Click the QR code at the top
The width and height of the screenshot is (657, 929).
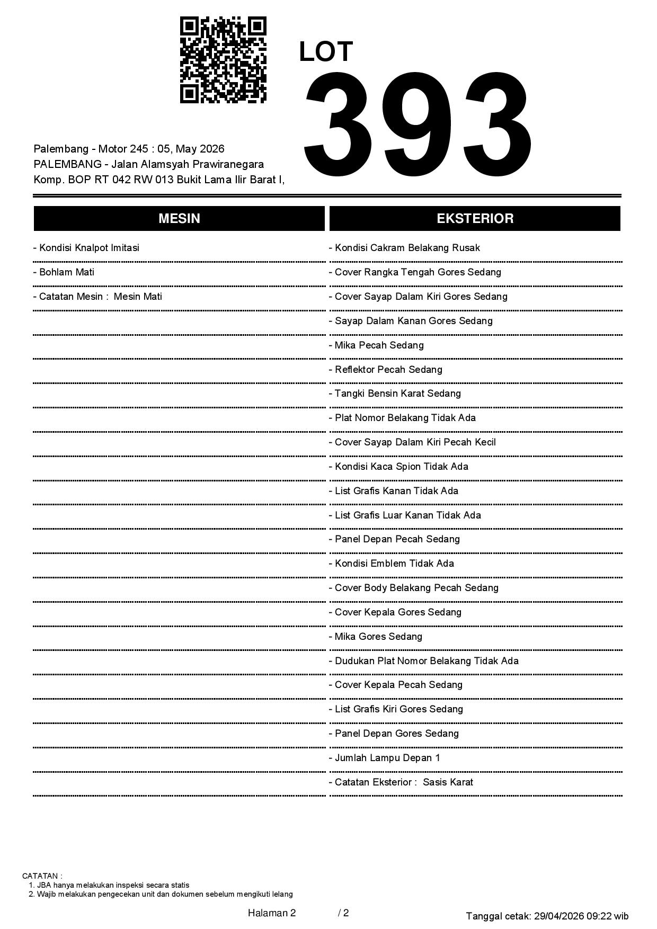(x=223, y=60)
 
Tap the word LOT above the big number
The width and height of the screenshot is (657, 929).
(x=326, y=52)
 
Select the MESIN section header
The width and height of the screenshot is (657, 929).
(x=179, y=218)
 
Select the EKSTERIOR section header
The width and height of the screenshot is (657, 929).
(x=475, y=218)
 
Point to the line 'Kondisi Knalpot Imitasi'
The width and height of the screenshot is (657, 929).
(x=86, y=248)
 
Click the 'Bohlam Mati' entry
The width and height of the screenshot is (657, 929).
(x=64, y=272)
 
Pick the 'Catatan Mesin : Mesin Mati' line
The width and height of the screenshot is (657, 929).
(x=97, y=297)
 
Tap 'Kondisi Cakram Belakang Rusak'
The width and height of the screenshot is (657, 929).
(x=405, y=248)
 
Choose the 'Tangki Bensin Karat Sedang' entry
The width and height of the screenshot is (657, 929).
(x=395, y=394)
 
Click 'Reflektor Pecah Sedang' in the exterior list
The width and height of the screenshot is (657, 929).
(x=386, y=370)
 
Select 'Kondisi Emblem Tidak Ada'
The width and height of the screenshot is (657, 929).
(x=392, y=564)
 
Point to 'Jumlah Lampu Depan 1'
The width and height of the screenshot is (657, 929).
(x=385, y=758)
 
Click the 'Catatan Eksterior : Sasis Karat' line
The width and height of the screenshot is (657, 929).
(x=401, y=782)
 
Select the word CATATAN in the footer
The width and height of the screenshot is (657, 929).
(x=42, y=876)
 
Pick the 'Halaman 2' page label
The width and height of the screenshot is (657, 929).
(x=272, y=913)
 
